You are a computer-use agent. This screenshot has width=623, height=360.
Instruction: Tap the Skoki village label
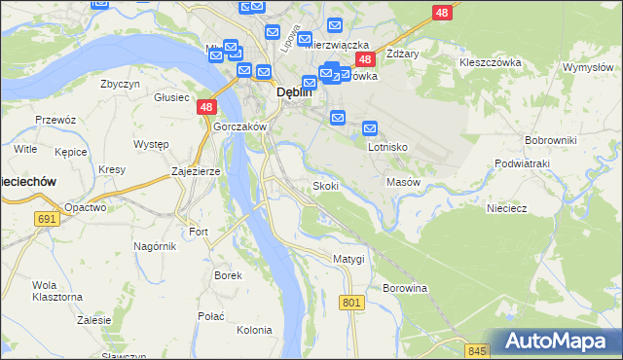tap(325, 186)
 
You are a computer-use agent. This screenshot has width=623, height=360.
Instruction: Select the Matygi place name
tap(348, 259)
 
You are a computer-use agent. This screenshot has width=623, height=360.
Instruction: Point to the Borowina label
tap(405, 289)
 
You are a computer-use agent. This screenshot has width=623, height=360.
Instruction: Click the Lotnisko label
tap(387, 148)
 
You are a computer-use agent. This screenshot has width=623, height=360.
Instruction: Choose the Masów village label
tap(403, 182)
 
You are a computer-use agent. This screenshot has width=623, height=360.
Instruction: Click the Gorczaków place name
tap(239, 127)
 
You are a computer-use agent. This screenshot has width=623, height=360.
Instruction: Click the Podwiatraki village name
tap(523, 163)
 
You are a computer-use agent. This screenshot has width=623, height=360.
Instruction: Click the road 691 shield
tap(46, 220)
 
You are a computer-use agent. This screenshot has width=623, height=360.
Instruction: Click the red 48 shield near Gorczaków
tap(205, 108)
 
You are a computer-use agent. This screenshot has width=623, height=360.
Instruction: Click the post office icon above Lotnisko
tap(370, 128)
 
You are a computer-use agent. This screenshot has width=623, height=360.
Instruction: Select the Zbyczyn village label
tap(121, 84)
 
